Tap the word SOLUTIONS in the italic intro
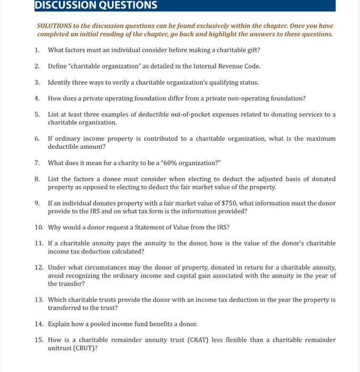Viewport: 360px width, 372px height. pos(55,26)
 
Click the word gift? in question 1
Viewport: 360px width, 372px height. pos(252,50)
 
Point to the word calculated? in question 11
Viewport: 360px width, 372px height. pos(125,251)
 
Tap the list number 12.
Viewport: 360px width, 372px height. pos(39,267)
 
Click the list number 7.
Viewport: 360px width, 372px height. pos(37,163)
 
